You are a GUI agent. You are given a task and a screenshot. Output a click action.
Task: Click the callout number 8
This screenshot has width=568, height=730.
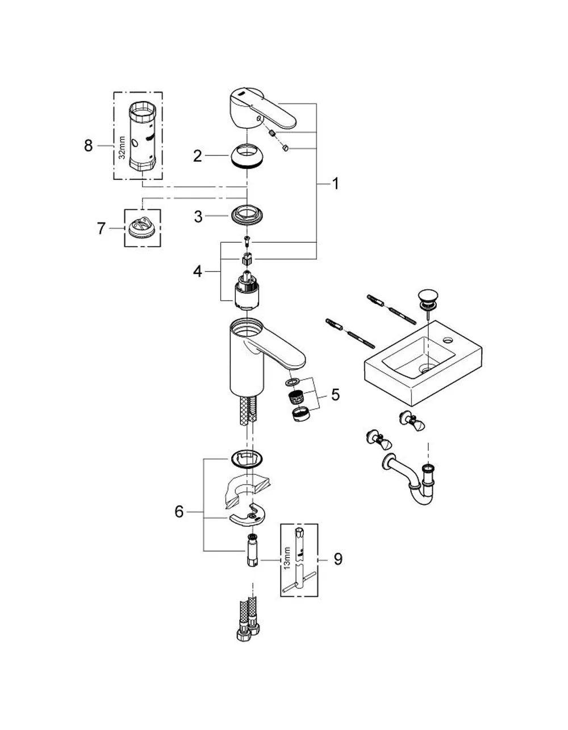coord(88,146)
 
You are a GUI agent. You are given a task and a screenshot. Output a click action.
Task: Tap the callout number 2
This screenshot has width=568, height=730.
coord(198,156)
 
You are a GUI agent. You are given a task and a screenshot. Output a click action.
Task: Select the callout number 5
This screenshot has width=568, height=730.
coord(336,394)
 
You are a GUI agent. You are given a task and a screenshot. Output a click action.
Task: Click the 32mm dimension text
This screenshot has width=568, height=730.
coord(122,147)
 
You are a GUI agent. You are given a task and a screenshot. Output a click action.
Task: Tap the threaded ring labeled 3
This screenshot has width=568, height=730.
coord(247,216)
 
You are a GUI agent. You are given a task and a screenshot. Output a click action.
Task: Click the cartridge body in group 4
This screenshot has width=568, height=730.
coord(247,290)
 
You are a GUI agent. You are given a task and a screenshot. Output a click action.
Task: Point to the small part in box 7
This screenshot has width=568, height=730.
coord(143,227)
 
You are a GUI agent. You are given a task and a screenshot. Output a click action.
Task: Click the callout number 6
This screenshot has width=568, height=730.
coord(179,512)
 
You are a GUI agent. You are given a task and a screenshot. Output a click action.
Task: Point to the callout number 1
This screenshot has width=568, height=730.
coord(335,184)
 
